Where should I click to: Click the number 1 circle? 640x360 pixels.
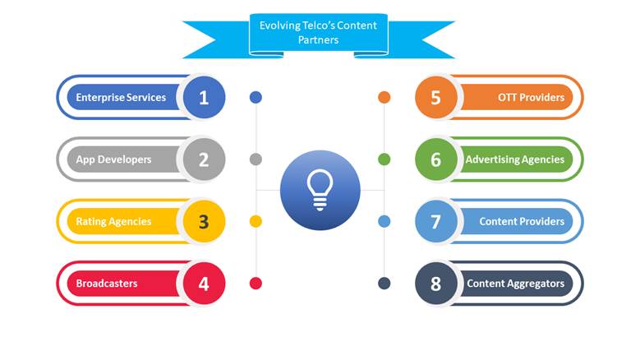(x=204, y=98)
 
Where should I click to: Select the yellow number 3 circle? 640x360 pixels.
(x=204, y=222)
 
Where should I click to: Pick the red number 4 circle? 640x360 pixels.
(x=204, y=284)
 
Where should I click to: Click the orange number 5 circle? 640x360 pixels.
(x=436, y=98)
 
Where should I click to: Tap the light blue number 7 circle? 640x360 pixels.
(x=436, y=222)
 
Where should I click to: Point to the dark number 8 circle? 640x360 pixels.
(x=436, y=284)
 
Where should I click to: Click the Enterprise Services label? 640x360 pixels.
(x=121, y=98)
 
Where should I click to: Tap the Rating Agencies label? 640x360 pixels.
(x=113, y=222)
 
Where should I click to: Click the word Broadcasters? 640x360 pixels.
(x=107, y=284)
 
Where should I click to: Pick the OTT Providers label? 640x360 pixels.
(x=531, y=98)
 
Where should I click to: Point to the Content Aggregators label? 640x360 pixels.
(x=515, y=284)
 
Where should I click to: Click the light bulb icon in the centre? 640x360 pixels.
(x=320, y=190)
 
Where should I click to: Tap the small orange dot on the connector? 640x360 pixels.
(x=384, y=98)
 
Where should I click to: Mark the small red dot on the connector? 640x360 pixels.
(x=256, y=284)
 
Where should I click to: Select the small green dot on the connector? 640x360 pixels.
(x=384, y=159)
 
